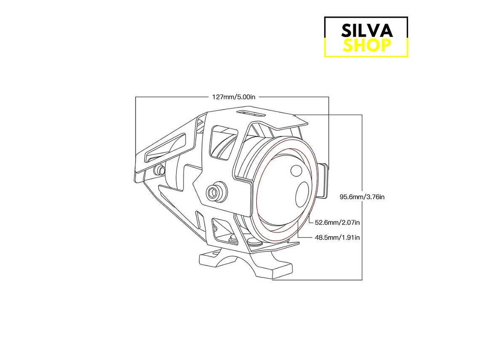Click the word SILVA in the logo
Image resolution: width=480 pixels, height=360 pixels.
pyautogui.click(x=367, y=30)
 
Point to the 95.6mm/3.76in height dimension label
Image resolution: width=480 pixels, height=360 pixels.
pyautogui.click(x=362, y=197)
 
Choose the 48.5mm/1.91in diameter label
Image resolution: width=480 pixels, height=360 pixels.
pyautogui.click(x=337, y=237)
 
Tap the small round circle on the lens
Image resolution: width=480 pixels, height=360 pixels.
pyautogui.click(x=296, y=171)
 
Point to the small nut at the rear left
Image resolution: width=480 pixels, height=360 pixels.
pyautogui.click(x=160, y=170)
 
